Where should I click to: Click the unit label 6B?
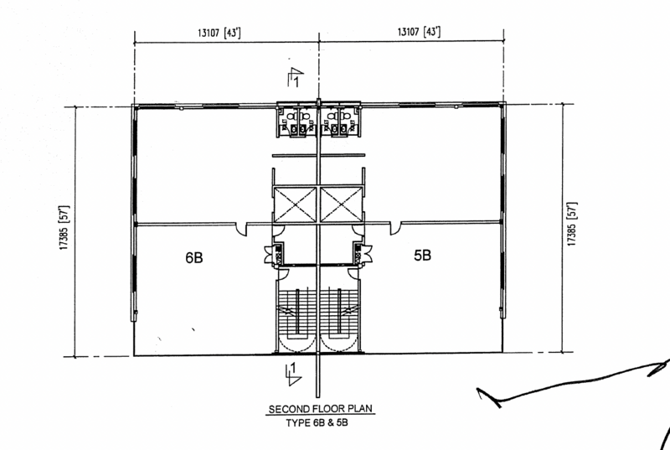pyautogui.click(x=194, y=257)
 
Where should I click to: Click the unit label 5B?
pyautogui.click(x=422, y=255)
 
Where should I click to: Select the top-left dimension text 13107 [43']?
pyautogui.click(x=219, y=33)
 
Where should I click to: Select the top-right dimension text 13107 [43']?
pyautogui.click(x=419, y=32)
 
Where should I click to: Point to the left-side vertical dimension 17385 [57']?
pyautogui.click(x=64, y=228)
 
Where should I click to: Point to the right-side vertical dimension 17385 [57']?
pyautogui.click(x=572, y=224)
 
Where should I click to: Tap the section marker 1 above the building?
pyautogui.click(x=296, y=77)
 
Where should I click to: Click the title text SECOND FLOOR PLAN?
pyautogui.click(x=321, y=409)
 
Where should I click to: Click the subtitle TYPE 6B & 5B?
pyautogui.click(x=317, y=423)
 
